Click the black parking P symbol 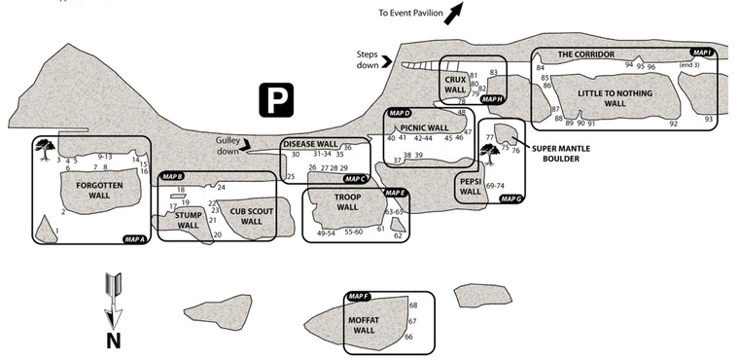click(276, 100)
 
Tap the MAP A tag click(134, 239)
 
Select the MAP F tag click(358, 297)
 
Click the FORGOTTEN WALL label click(99, 190)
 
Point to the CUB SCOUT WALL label click(251, 216)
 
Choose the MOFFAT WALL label click(364, 325)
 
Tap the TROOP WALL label click(347, 202)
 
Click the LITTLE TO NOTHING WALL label click(616, 98)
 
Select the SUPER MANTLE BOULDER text click(561, 154)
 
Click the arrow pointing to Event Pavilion click(454, 13)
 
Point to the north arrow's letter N click(113, 341)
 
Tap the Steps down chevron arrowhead click(387, 61)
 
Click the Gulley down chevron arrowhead click(245, 147)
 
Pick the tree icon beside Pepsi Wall click(490, 155)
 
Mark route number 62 click(398, 235)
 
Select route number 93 click(708, 120)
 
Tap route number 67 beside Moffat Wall click(412, 321)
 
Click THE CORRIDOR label click(586, 54)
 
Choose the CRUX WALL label click(455, 85)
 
